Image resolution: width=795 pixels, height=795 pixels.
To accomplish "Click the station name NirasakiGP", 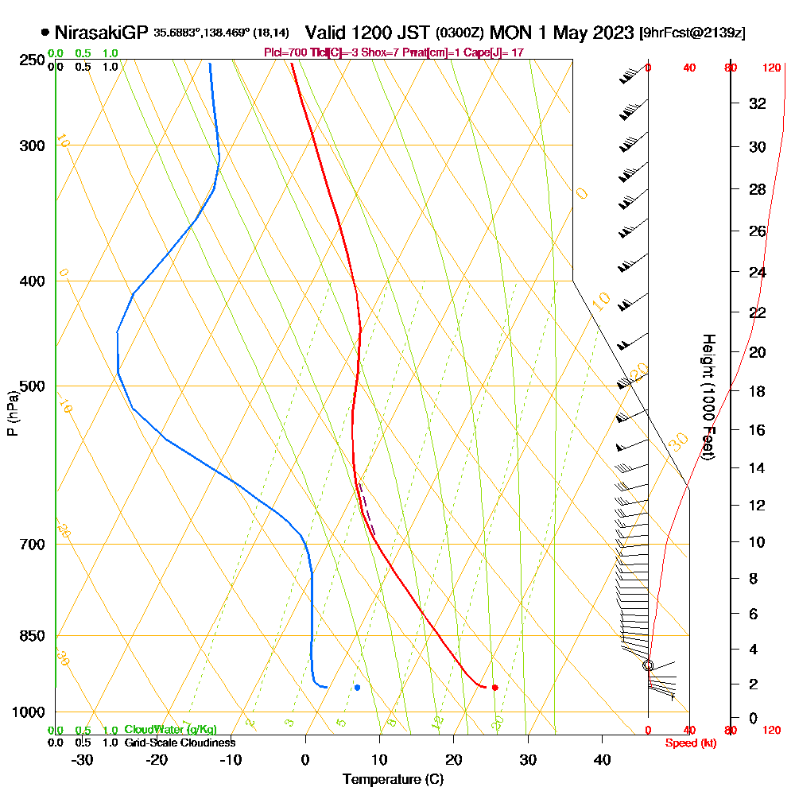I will (x=101, y=33).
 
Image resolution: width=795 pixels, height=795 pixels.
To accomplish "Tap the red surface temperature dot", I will (x=494, y=688).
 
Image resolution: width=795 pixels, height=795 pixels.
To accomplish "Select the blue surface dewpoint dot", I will (x=358, y=688).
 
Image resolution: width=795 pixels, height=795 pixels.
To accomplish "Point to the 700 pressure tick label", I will (x=31, y=545).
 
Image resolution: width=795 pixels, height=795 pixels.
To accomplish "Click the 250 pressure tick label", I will (x=31, y=60).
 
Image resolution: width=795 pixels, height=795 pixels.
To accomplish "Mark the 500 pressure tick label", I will (x=31, y=386).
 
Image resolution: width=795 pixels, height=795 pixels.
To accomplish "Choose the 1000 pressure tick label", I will (x=29, y=712).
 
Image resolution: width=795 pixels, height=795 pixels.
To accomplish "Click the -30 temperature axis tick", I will (x=82, y=759).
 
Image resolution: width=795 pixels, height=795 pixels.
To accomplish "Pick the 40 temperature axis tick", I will (x=602, y=759).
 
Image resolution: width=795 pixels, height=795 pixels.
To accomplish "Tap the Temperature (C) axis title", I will (x=393, y=779).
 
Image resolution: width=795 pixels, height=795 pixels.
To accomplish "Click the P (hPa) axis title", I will (x=12, y=413).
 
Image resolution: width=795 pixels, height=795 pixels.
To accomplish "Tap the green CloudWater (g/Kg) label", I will (x=170, y=730).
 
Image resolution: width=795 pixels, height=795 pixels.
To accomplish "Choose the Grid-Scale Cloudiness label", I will (x=180, y=743).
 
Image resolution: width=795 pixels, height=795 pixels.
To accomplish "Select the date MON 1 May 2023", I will (x=562, y=33).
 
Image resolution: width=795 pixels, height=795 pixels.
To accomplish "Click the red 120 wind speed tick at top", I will (x=771, y=68).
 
